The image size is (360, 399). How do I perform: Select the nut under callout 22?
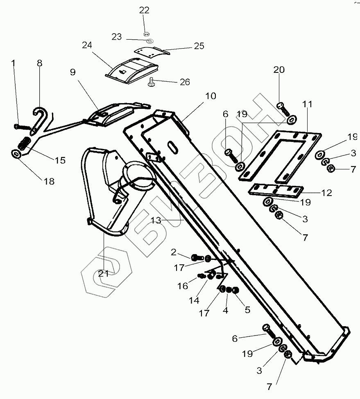146,33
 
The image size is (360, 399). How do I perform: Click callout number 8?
39,63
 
